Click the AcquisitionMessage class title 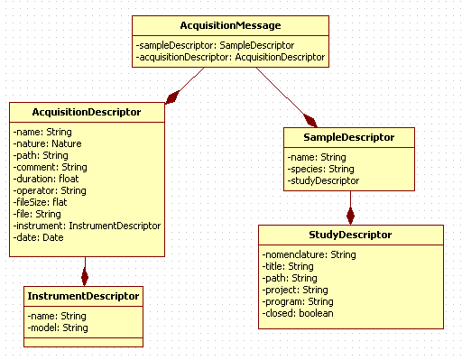click(x=230, y=25)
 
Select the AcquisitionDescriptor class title click(x=87, y=113)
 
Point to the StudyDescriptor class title click(x=351, y=235)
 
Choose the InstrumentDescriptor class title click(x=83, y=296)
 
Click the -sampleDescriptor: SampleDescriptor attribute click(x=215, y=44)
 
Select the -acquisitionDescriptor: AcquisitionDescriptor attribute click(x=230, y=56)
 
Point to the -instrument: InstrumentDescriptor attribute click(x=87, y=226)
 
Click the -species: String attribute click(x=321, y=169)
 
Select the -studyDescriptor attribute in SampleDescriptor click(x=324, y=180)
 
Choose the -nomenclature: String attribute click(x=310, y=254)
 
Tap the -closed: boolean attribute click(x=299, y=313)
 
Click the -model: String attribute click(x=57, y=328)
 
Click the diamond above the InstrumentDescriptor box click(x=84, y=273)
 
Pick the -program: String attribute click(x=301, y=301)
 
